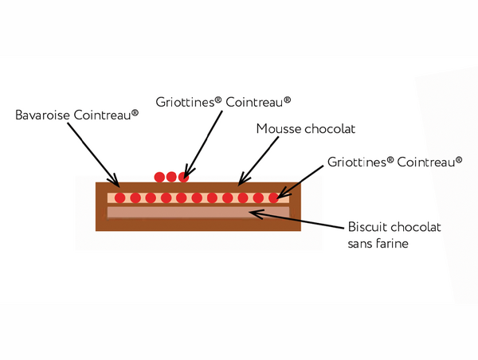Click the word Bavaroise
(x=43, y=115)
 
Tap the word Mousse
(x=277, y=128)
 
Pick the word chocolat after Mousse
(x=328, y=128)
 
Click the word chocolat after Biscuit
(x=417, y=228)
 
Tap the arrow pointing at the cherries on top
(x=203, y=143)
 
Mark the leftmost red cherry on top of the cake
(x=159, y=177)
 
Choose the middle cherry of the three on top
(x=171, y=177)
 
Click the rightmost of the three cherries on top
(x=183, y=177)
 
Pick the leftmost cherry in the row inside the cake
(x=119, y=198)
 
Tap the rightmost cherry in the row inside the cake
(x=273, y=198)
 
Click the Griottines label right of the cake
(x=395, y=162)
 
